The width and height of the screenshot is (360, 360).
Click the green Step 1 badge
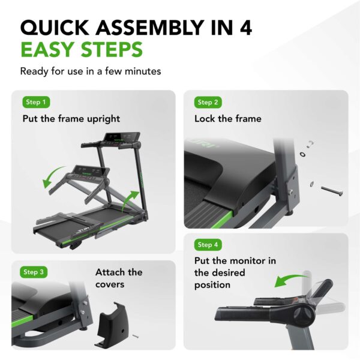[37, 102]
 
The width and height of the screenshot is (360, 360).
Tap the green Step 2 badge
[208, 102]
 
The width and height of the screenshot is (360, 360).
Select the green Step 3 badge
[34, 272]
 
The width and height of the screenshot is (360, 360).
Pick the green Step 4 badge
[208, 245]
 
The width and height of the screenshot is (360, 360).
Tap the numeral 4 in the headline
[244, 28]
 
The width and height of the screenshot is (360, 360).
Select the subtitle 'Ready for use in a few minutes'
[90, 71]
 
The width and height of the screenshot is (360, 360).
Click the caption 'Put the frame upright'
[71, 119]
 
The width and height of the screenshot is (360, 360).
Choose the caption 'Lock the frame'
[227, 119]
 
